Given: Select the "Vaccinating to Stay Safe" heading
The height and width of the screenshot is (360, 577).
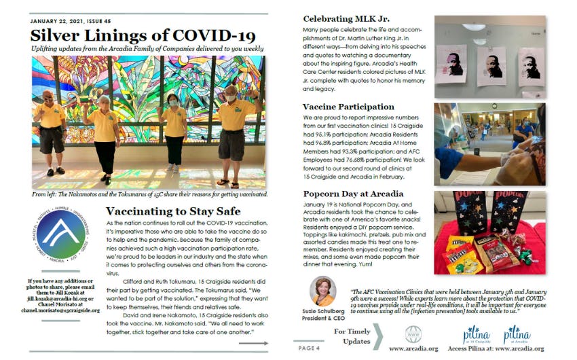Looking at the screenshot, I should coord(173,211).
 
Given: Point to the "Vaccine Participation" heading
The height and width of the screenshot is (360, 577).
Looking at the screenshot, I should coord(348,107).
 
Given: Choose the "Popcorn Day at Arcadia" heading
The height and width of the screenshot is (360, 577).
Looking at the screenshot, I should coord(353,194).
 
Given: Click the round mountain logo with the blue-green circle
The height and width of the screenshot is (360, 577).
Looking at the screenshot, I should coord(60,234).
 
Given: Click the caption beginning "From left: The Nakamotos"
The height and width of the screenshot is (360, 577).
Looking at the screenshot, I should coord(149,194).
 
